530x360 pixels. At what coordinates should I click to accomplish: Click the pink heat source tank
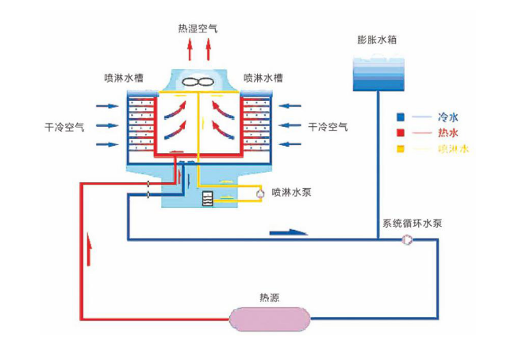click(271, 318)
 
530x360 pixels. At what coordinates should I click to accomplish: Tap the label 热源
click(270, 298)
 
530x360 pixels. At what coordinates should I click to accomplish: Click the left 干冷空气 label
click(66, 126)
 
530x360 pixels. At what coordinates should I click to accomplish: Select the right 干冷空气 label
click(328, 126)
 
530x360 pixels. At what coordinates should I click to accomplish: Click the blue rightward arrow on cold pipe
click(286, 232)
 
